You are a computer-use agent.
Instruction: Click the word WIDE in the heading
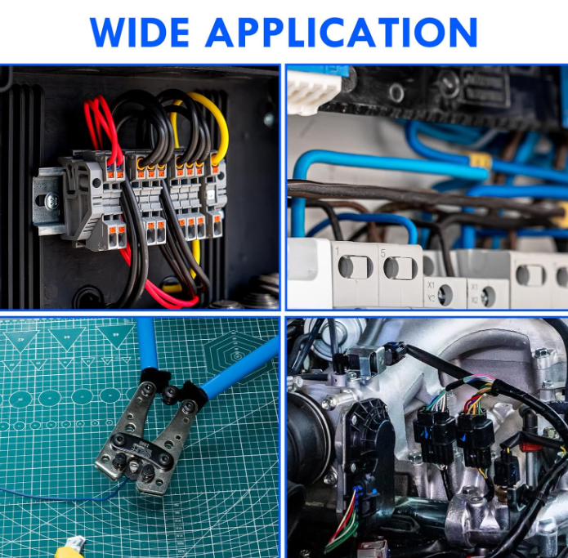tap(140, 32)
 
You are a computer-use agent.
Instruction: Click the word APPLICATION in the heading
tap(342, 32)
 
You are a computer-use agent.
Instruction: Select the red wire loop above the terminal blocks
tap(103, 131)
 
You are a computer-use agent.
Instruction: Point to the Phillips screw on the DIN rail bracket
tap(51, 200)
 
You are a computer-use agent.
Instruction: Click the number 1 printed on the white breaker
tap(338, 252)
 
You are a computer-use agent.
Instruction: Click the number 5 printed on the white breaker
tap(383, 253)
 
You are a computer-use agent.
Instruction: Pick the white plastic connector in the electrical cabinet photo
tap(313, 91)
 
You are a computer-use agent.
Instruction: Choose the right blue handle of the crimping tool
tap(240, 366)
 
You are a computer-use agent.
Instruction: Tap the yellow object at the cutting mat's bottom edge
tap(70, 547)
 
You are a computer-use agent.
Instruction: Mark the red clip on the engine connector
tap(530, 444)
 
